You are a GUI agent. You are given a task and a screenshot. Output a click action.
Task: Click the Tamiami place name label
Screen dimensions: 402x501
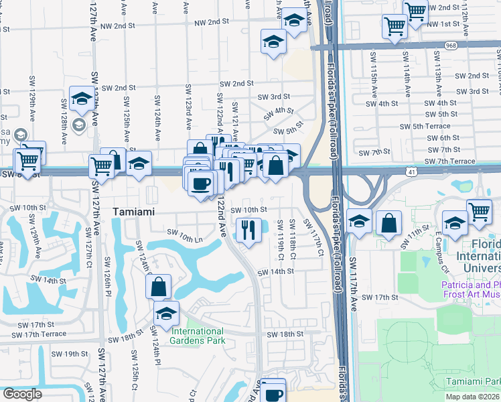134,211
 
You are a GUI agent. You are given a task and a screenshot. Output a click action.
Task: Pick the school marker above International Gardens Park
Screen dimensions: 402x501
167,313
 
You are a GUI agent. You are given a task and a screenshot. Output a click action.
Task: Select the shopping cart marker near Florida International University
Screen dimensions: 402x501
480,212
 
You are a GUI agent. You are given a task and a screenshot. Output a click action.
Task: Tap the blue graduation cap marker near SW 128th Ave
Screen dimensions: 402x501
81,100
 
